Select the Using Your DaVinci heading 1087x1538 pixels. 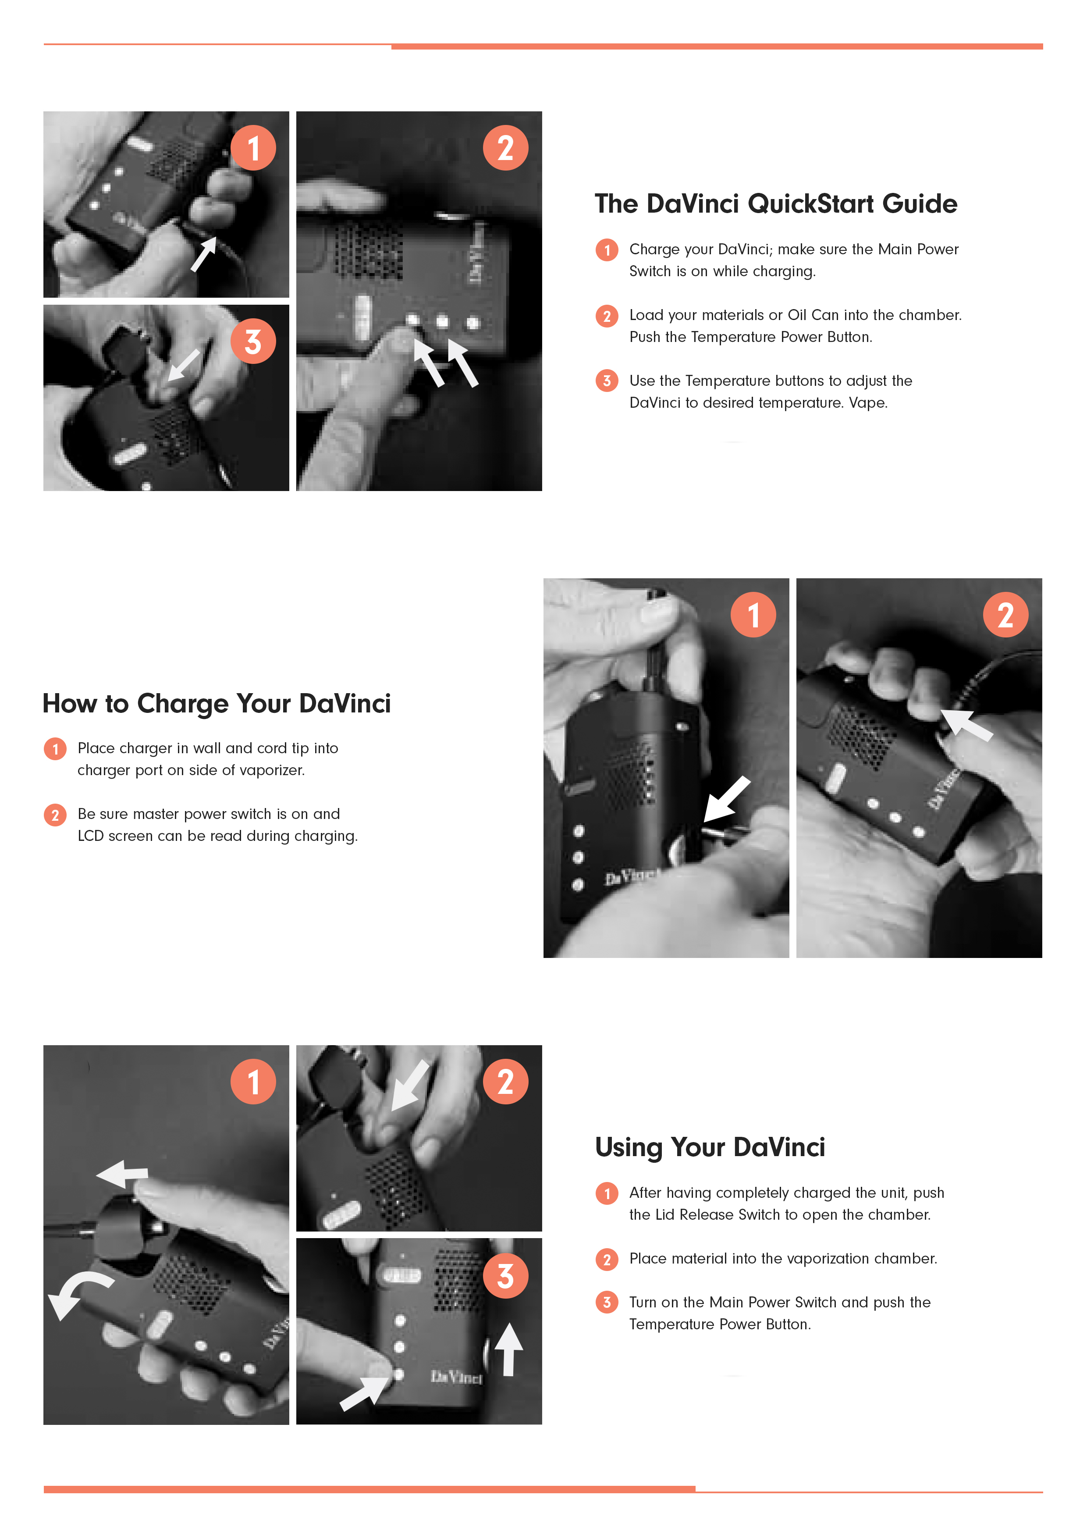(x=710, y=1147)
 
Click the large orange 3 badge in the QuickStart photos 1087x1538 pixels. (x=253, y=341)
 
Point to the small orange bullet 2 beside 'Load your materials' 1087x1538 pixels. (x=607, y=316)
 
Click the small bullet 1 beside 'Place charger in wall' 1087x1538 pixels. (x=55, y=749)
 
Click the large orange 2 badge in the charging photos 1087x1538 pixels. (x=1005, y=615)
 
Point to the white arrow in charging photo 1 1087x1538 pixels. (x=727, y=798)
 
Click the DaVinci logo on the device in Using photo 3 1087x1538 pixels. (x=456, y=1377)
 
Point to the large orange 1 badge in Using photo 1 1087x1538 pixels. (x=253, y=1082)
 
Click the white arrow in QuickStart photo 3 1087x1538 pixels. (x=183, y=365)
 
